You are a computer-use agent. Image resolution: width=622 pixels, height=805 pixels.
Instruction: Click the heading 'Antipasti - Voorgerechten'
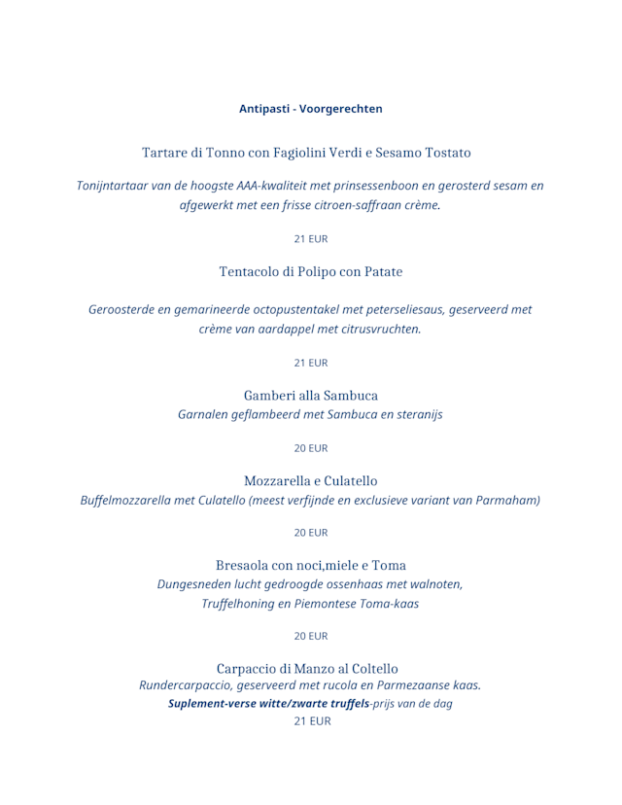(311, 109)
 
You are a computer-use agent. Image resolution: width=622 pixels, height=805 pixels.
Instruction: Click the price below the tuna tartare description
(311, 238)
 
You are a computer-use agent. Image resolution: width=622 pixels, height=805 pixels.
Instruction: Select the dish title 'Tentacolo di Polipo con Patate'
(311, 272)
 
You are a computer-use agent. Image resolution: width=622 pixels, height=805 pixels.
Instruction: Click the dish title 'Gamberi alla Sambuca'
(311, 396)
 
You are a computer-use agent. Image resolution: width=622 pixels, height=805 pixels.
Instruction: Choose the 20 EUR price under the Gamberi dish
(311, 448)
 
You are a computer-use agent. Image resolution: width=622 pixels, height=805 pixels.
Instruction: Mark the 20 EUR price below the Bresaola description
(311, 636)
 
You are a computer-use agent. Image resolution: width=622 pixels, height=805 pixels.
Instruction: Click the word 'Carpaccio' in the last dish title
(246, 669)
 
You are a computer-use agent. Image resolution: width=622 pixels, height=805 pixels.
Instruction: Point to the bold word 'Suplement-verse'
(213, 703)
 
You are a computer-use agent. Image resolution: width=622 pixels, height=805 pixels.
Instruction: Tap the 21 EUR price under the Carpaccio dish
(311, 721)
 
